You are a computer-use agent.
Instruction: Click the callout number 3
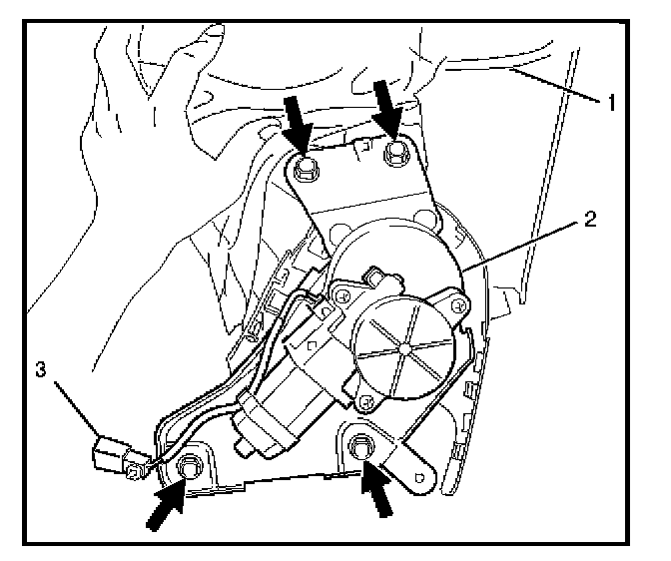tap(40, 371)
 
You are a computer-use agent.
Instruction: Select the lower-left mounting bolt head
tap(190, 465)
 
